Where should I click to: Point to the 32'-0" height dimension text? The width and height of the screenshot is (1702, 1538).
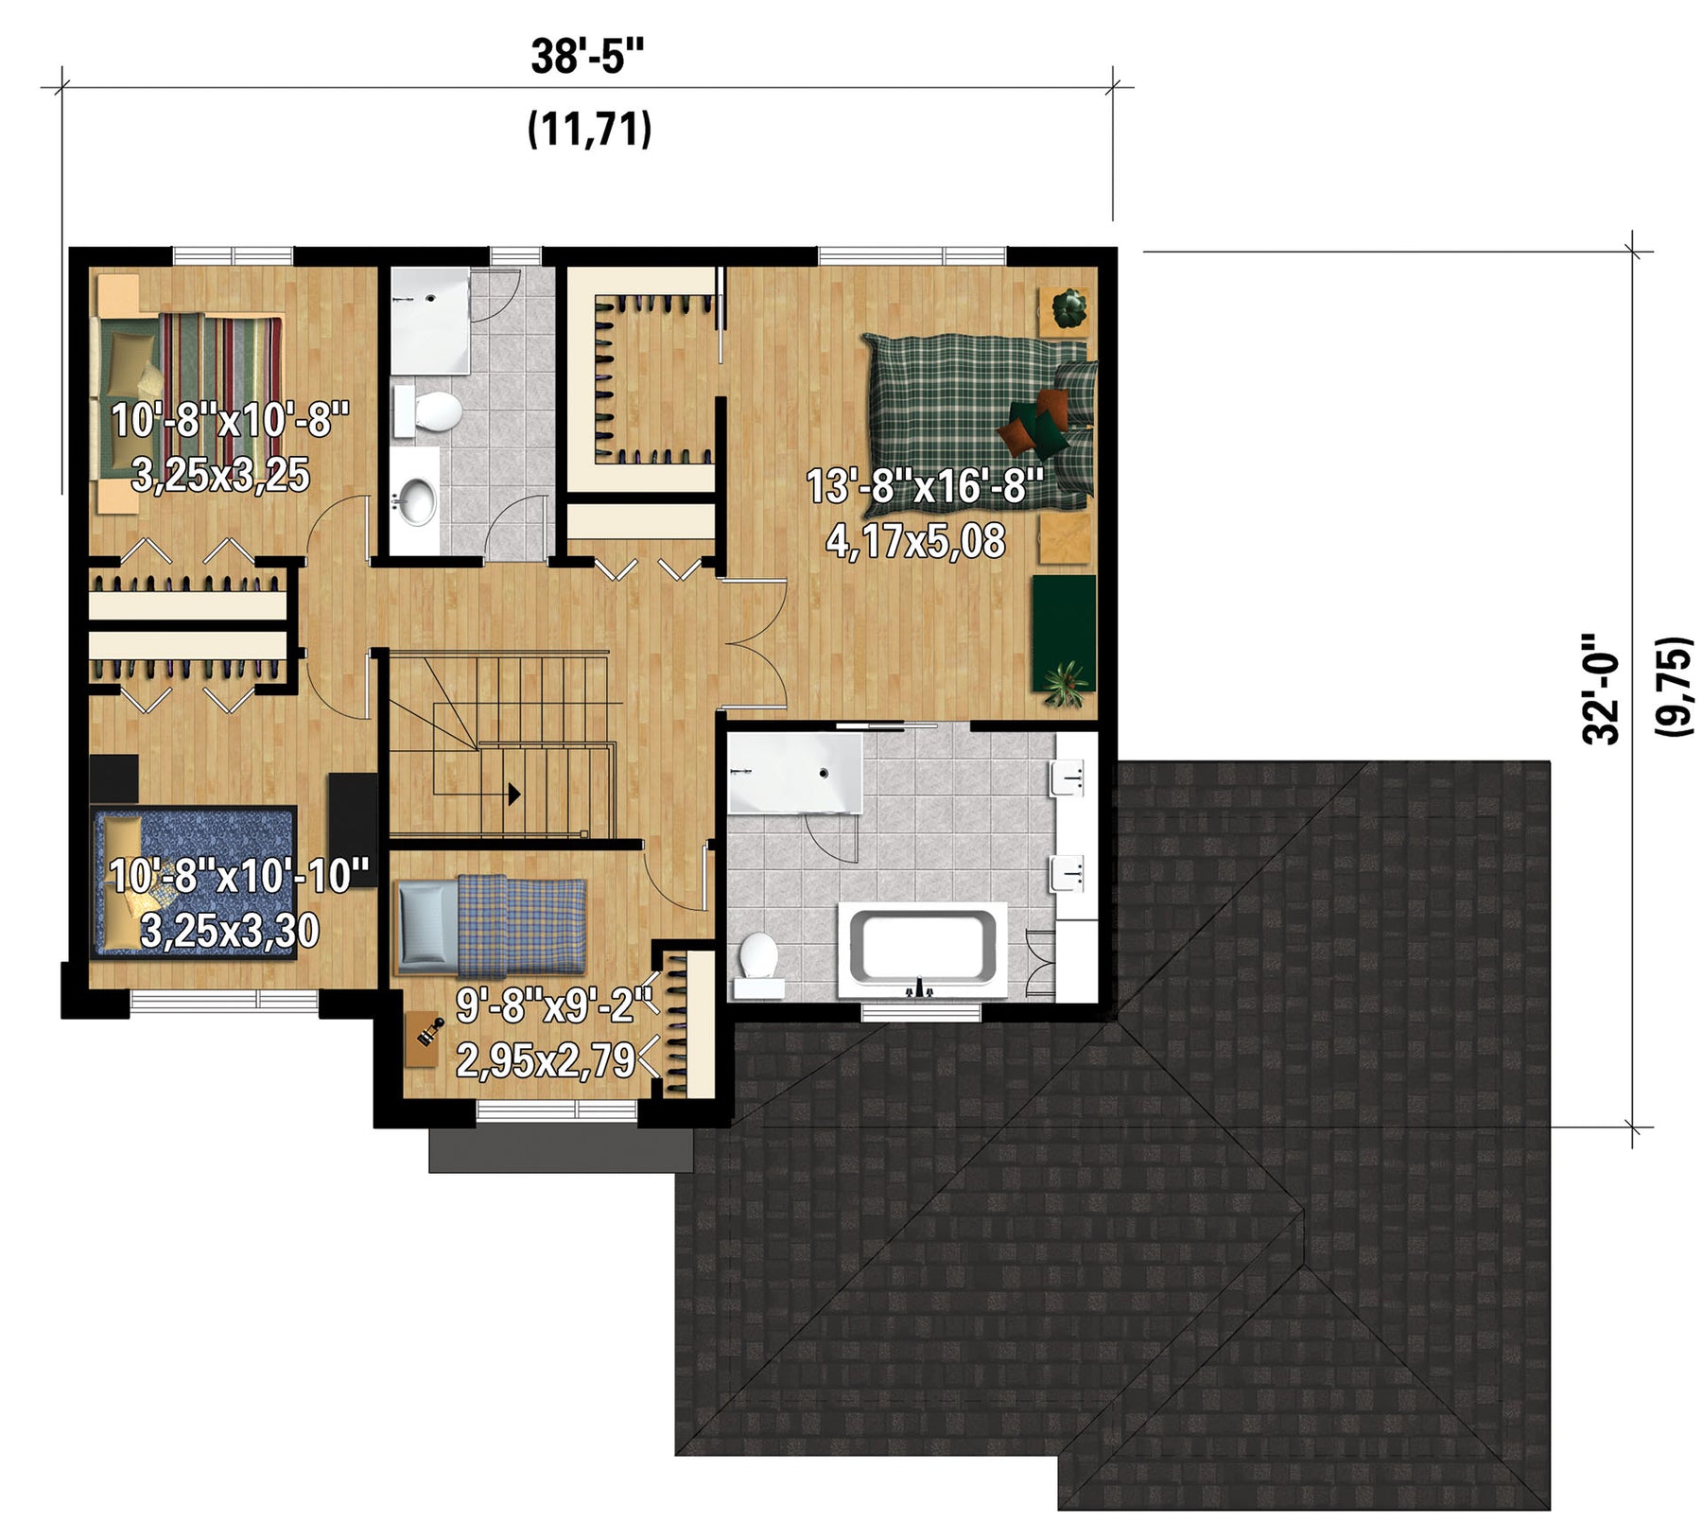tap(1602, 689)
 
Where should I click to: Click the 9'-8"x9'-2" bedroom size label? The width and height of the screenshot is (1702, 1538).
tap(555, 1005)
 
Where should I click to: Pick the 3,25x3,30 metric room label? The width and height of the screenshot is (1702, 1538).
tap(230, 931)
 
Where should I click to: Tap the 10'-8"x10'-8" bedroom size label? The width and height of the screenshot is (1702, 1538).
tap(231, 419)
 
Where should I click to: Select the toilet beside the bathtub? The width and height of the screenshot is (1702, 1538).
tap(758, 962)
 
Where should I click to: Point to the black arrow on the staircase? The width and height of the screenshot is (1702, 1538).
tap(514, 794)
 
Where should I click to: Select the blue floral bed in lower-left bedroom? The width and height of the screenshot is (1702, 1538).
tap(195, 883)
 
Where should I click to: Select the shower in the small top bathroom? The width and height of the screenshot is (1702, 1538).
tap(431, 320)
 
